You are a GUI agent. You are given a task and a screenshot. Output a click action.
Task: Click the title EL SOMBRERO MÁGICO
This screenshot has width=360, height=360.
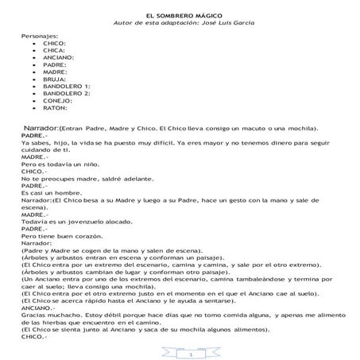point(179,16)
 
